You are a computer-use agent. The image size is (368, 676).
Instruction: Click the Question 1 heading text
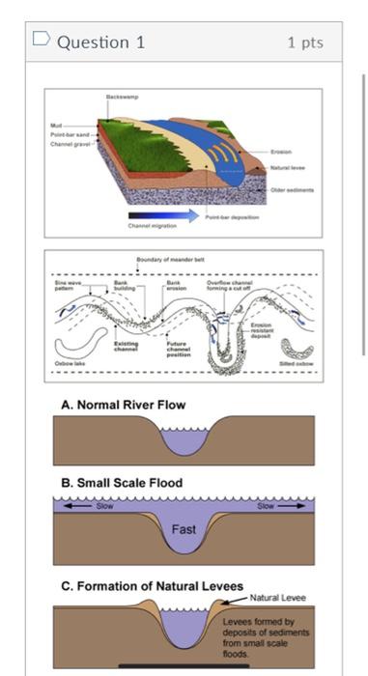point(100,42)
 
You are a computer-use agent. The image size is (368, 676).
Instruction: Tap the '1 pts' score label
point(305,42)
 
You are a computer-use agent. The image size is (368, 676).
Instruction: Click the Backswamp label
point(121,99)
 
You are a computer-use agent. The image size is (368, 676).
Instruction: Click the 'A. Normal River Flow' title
point(124,405)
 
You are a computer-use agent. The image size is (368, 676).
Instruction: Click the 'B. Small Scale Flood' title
point(122,483)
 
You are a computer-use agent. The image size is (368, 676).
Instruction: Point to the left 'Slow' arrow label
point(102,505)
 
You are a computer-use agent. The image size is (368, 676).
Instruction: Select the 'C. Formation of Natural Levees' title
point(152,586)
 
